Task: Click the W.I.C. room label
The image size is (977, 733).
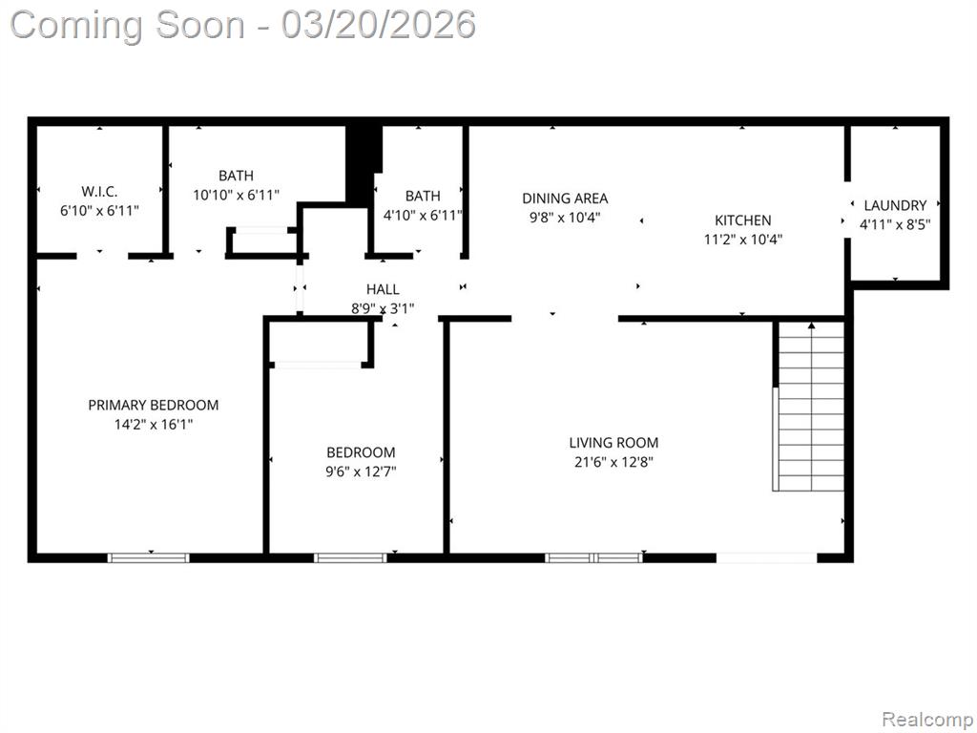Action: click(x=99, y=191)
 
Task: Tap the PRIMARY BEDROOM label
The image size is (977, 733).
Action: click(x=154, y=405)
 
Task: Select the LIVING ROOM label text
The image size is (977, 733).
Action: click(x=613, y=443)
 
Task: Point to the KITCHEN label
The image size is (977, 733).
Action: click(x=742, y=220)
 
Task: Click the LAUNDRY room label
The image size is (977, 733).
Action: click(x=895, y=205)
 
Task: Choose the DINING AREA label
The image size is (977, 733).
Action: click(x=565, y=199)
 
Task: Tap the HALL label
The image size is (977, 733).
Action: click(x=383, y=289)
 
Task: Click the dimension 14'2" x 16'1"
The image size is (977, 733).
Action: click(x=154, y=425)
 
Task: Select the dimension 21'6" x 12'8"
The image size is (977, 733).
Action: click(x=613, y=462)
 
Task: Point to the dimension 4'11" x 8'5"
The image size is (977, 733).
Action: click(x=895, y=224)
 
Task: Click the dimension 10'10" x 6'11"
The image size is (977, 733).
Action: click(x=237, y=195)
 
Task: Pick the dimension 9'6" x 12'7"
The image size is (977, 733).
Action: click(x=361, y=471)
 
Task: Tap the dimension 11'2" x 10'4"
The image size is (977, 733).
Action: click(x=742, y=240)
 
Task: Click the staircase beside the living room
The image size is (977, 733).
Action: click(x=809, y=406)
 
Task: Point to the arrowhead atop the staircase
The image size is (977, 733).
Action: click(x=811, y=325)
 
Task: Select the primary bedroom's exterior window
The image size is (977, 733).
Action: click(x=148, y=557)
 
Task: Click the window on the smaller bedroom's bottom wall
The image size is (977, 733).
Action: click(x=351, y=557)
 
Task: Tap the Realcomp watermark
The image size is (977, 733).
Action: click(x=927, y=719)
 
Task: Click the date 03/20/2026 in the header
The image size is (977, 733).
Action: click(x=378, y=24)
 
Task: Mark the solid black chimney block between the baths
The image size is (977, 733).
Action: click(x=364, y=163)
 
